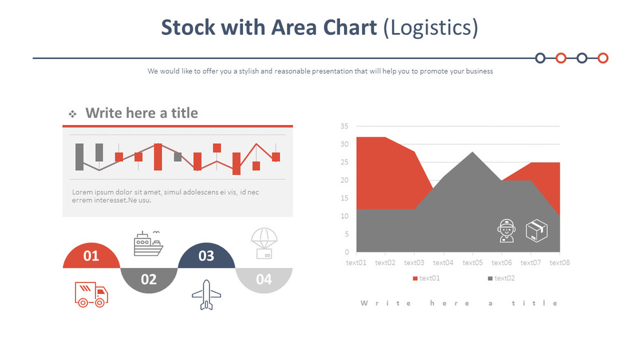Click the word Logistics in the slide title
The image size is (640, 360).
click(430, 27)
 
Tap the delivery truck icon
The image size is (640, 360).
click(91, 294)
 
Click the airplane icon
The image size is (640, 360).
click(206, 295)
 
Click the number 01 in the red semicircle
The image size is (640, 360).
click(91, 256)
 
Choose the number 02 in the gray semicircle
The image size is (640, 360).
click(149, 279)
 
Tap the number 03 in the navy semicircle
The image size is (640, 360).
click(206, 256)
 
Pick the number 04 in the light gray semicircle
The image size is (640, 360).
click(264, 280)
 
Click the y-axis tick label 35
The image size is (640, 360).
click(344, 126)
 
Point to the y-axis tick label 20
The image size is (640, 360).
click(344, 180)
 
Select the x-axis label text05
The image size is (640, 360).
click(473, 263)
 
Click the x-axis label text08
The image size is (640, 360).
click(560, 263)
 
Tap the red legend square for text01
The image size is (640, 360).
click(415, 278)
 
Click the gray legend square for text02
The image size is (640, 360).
click(490, 278)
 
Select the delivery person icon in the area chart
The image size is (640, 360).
click(506, 231)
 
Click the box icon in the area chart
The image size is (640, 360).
click(537, 231)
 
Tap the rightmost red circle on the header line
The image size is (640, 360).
click(603, 58)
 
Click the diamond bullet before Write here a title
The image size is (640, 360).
click(73, 114)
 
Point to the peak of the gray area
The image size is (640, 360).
click(472, 152)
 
